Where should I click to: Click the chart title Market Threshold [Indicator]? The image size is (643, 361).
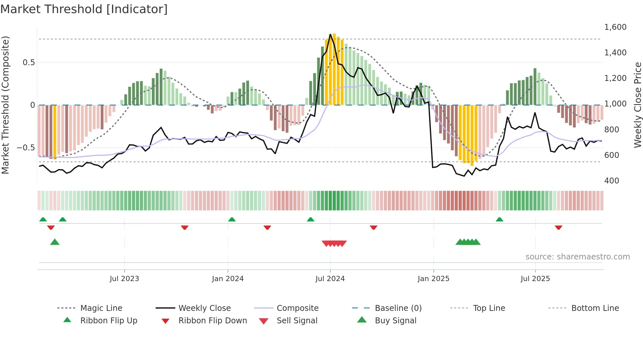point(84,9)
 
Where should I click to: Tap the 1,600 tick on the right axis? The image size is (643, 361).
point(615,27)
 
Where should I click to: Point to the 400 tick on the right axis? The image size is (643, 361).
point(612,181)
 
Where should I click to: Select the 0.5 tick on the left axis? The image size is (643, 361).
point(29,63)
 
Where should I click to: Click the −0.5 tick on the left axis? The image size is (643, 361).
point(26,148)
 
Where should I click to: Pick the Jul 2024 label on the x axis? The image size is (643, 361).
point(330,279)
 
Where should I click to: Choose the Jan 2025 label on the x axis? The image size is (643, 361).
point(433,279)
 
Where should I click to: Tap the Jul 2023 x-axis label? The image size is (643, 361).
point(124,279)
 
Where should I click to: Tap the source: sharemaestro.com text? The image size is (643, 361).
point(577,257)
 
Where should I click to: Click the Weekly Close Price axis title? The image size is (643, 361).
point(637,105)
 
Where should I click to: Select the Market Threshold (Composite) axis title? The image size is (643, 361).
point(5,105)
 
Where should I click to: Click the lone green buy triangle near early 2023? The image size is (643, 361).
point(55,242)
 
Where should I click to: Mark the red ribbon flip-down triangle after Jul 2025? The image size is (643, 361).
point(559,227)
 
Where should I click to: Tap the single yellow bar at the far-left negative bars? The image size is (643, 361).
point(55,132)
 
